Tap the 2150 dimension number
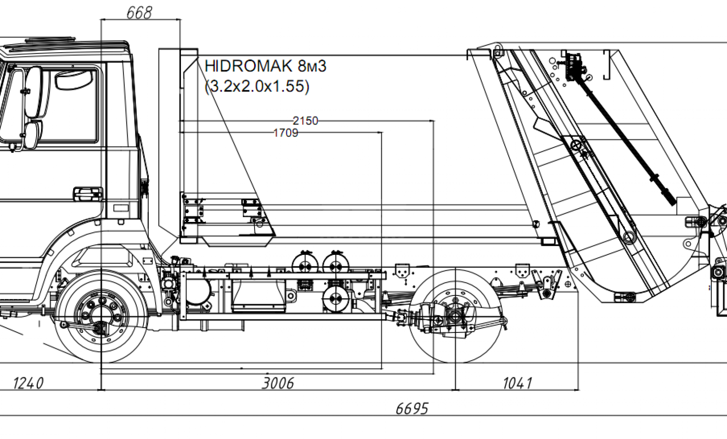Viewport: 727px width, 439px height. pos(305,121)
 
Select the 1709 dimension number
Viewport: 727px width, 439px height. pos(285,133)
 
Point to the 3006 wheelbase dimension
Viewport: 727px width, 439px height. pos(278,383)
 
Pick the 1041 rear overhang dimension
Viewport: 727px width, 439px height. pos(517,383)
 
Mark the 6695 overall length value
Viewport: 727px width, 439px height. pos(412,408)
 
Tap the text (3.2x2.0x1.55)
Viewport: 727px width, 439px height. pos(257,86)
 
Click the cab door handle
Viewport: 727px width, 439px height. pos(87,193)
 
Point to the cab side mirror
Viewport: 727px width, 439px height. pos(33,91)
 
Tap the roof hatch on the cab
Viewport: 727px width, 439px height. pos(50,40)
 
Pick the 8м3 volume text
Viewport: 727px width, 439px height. pos(312,66)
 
